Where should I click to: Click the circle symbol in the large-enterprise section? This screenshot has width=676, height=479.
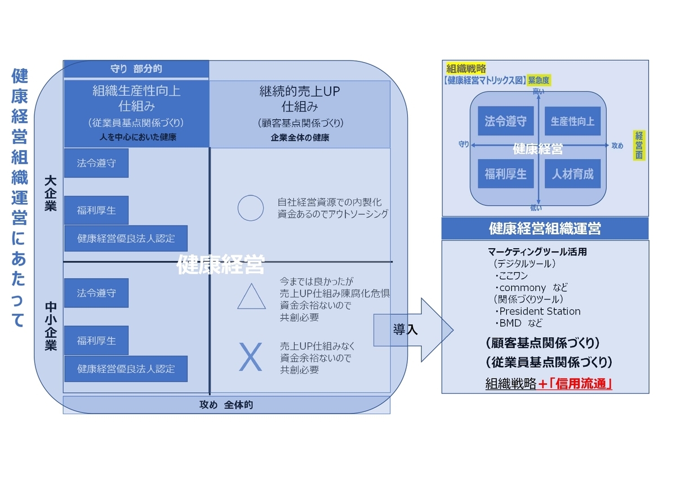pyautogui.click(x=251, y=208)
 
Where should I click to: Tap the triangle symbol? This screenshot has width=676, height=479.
pyautogui.click(x=251, y=296)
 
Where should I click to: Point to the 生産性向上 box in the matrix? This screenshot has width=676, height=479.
pyautogui.click(x=572, y=121)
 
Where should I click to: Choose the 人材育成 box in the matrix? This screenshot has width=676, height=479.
pyautogui.click(x=572, y=174)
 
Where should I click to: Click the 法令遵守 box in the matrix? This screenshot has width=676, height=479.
pyautogui.click(x=505, y=121)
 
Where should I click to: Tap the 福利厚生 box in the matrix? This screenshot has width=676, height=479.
pyautogui.click(x=505, y=174)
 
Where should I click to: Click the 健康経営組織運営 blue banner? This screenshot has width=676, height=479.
pyautogui.click(x=545, y=228)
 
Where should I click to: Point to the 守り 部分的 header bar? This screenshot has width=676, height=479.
pyautogui.click(x=136, y=69)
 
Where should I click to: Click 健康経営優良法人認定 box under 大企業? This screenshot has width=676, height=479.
pyautogui.click(x=126, y=238)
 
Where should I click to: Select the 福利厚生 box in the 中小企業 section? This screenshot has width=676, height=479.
pyautogui.click(x=96, y=341)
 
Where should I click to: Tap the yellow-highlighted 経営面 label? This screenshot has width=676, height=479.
pyautogui.click(x=639, y=145)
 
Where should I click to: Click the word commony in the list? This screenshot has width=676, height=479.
pyautogui.click(x=523, y=288)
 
